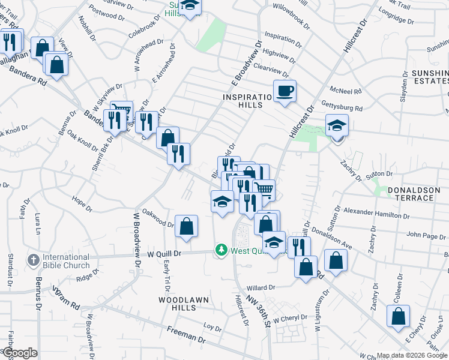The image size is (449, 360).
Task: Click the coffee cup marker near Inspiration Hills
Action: pos(285,91)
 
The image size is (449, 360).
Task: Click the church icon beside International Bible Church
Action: pos(34,261)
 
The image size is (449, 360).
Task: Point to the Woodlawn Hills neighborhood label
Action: pos(178,303)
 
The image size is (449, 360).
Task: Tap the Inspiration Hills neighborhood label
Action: pos(251,100)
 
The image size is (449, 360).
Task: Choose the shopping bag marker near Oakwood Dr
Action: pos(186,227)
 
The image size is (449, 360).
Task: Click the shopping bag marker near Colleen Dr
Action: pos(398,316)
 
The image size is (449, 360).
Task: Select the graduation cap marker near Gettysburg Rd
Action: pos(337,126)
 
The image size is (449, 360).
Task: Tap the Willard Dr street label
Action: pos(259,287)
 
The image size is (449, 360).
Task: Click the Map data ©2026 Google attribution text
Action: pos(412,355)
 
